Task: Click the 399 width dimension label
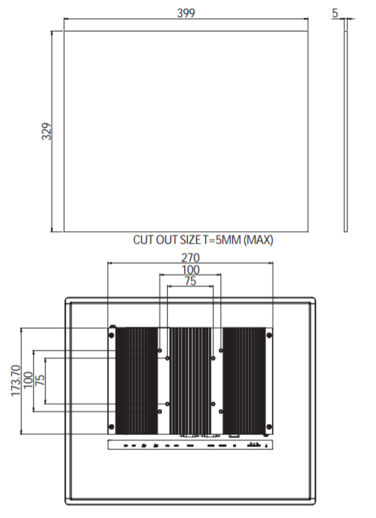(186, 13)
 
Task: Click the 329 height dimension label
(46, 131)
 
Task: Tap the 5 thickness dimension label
(335, 13)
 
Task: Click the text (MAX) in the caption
(258, 239)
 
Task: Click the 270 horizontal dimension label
(190, 257)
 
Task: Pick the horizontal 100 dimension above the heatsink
(190, 270)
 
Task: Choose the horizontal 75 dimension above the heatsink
(190, 281)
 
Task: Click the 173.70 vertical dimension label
(16, 380)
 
